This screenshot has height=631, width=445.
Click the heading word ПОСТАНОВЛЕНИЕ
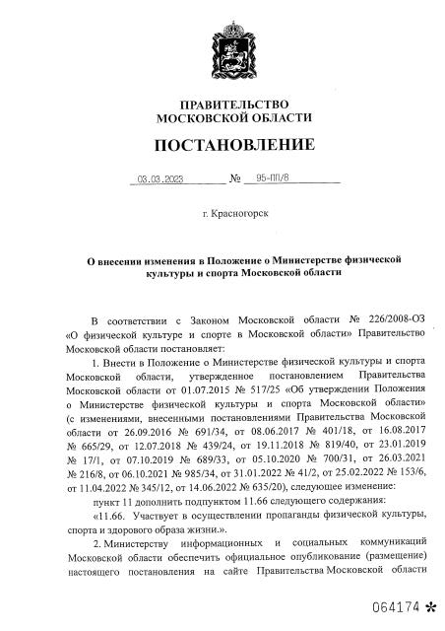click(x=222, y=146)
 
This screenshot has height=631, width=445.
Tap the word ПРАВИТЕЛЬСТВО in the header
click(x=222, y=104)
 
